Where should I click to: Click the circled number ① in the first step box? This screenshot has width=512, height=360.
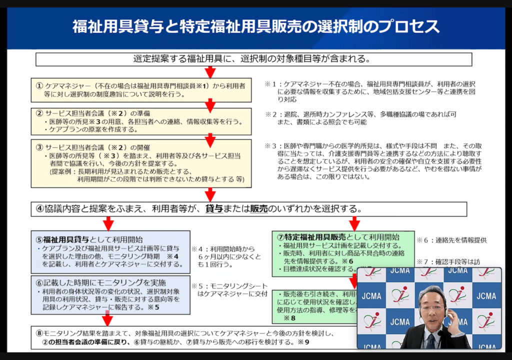coord(39,86)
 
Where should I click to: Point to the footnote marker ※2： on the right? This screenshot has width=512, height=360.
coord(274,114)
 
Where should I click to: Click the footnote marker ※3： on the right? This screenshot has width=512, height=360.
coord(274,145)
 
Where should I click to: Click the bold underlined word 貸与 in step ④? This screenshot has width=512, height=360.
coord(214,209)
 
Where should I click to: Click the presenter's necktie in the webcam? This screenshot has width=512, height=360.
coord(431,342)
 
